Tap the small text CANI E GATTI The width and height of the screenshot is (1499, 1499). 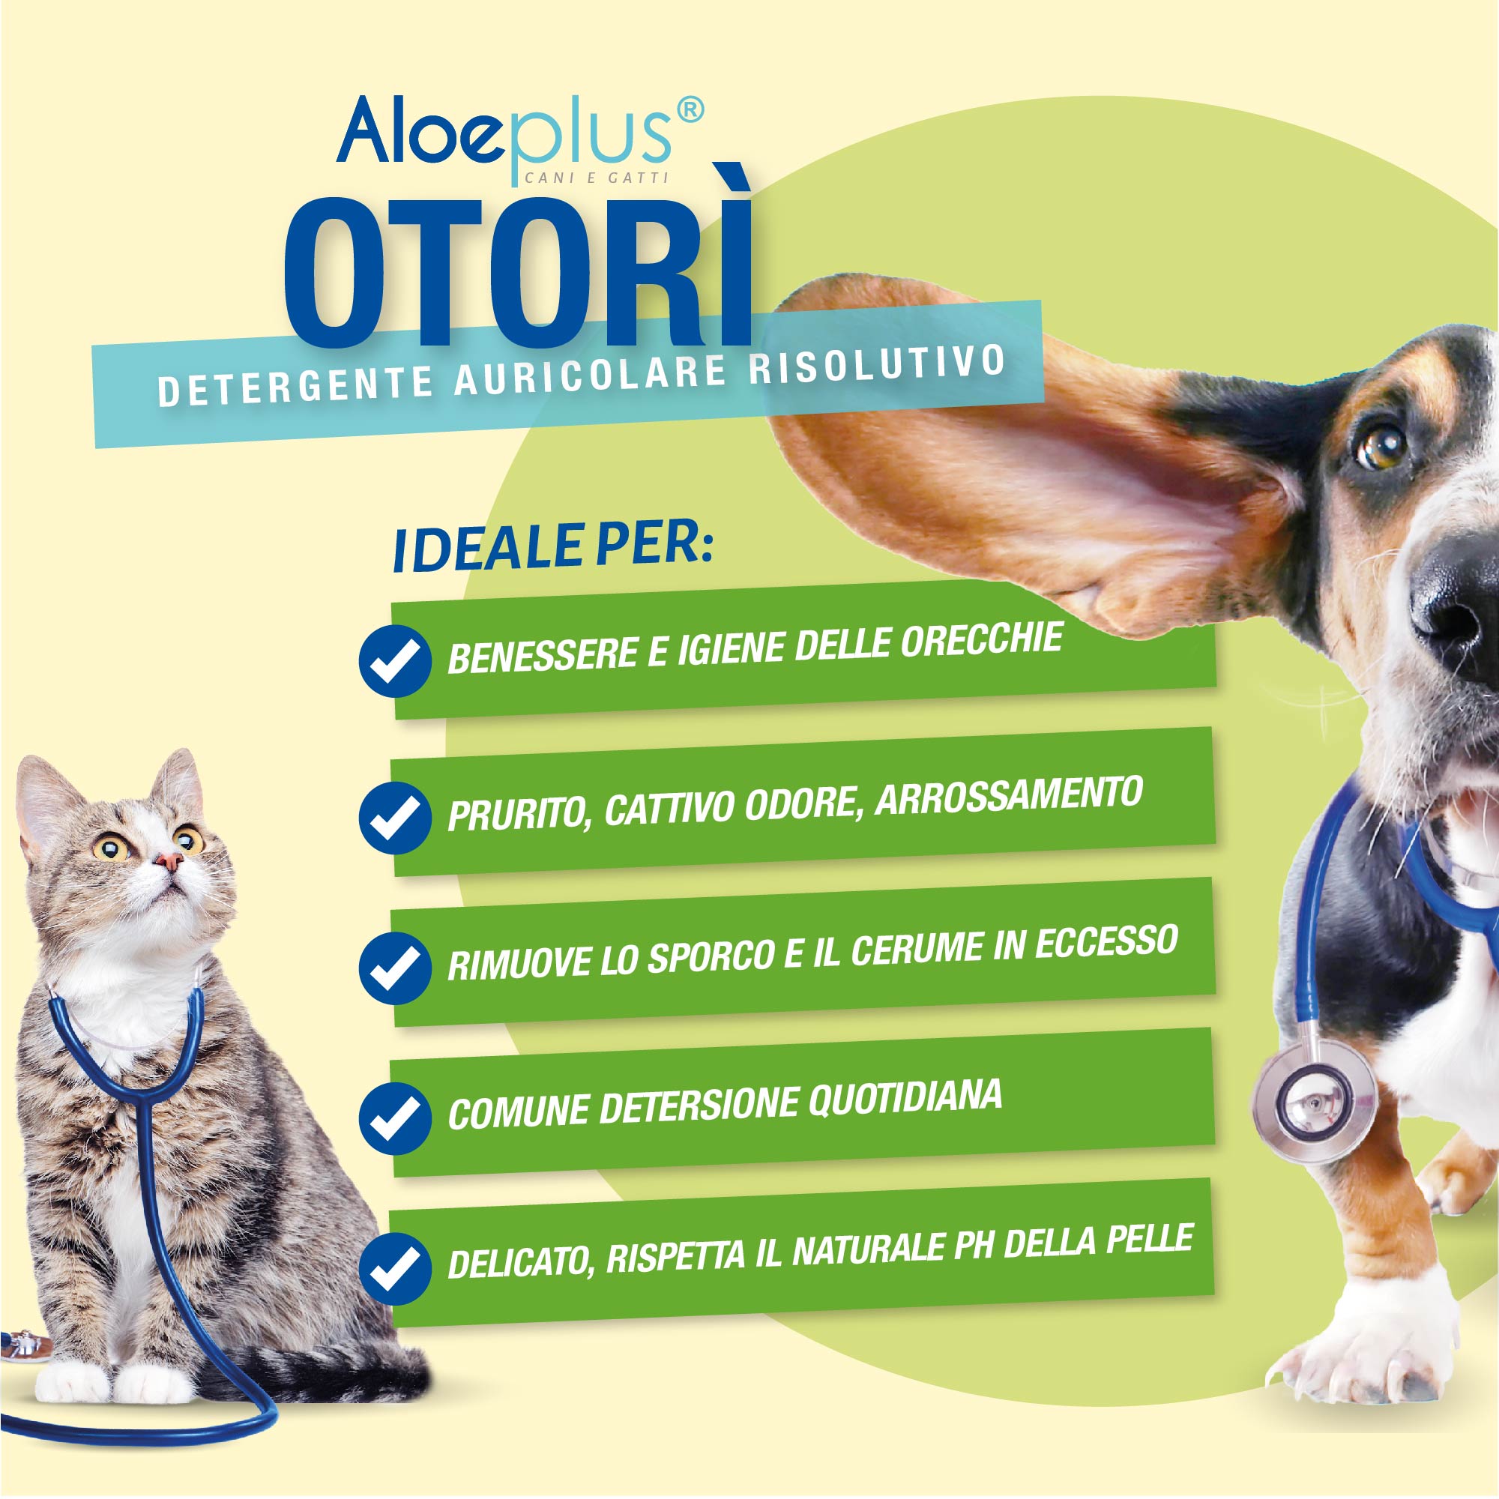coord(597,178)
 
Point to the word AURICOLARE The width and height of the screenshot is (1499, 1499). coord(591,378)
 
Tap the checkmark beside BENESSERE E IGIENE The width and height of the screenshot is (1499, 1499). coord(395,661)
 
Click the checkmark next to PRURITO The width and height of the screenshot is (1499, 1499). coord(395,818)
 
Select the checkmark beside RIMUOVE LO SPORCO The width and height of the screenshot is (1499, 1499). coord(395,968)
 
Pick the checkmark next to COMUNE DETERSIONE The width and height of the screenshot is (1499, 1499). coord(395,1118)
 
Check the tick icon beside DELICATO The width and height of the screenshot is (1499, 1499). coord(395,1270)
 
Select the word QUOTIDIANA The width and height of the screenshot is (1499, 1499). coord(905,1099)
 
